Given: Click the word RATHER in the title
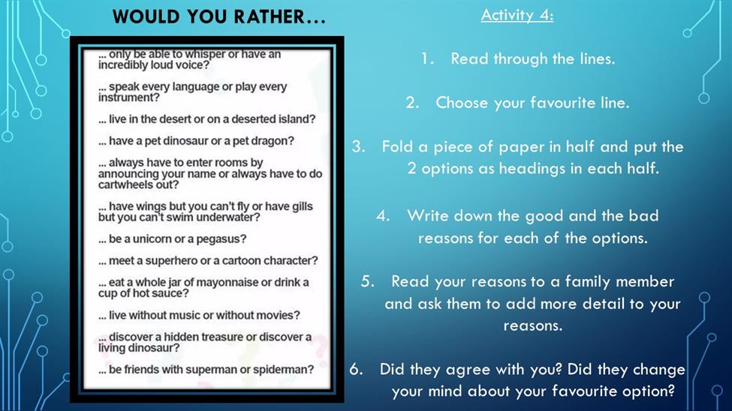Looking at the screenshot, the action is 270,16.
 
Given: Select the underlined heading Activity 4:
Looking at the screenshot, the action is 517,15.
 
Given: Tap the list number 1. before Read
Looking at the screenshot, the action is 426,58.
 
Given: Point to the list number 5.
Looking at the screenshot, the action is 367,280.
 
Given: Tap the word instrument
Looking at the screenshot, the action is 128,97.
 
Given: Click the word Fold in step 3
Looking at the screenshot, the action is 397,146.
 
